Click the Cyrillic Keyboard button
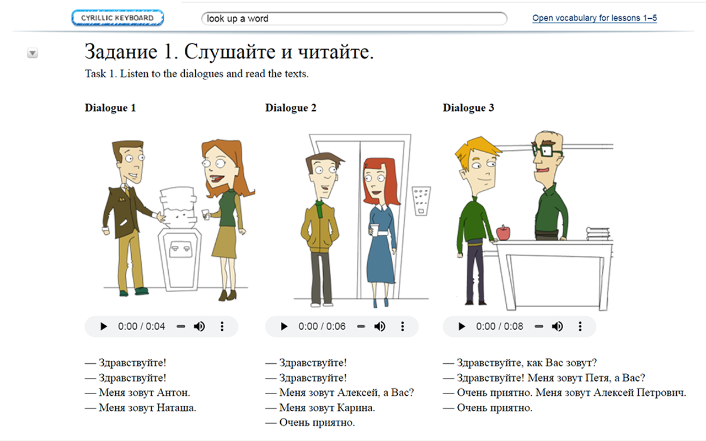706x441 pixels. point(117,18)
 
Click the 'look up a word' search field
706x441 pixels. point(354,19)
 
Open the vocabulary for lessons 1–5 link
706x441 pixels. point(595,18)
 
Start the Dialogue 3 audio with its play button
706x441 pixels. point(462,326)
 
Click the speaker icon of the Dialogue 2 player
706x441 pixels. point(379,326)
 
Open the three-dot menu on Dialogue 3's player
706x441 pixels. point(580,326)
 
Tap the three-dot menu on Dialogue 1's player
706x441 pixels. point(222,326)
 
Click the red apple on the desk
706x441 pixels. point(504,233)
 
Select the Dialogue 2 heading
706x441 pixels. point(291,108)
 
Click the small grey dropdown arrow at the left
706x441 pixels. point(33,53)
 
